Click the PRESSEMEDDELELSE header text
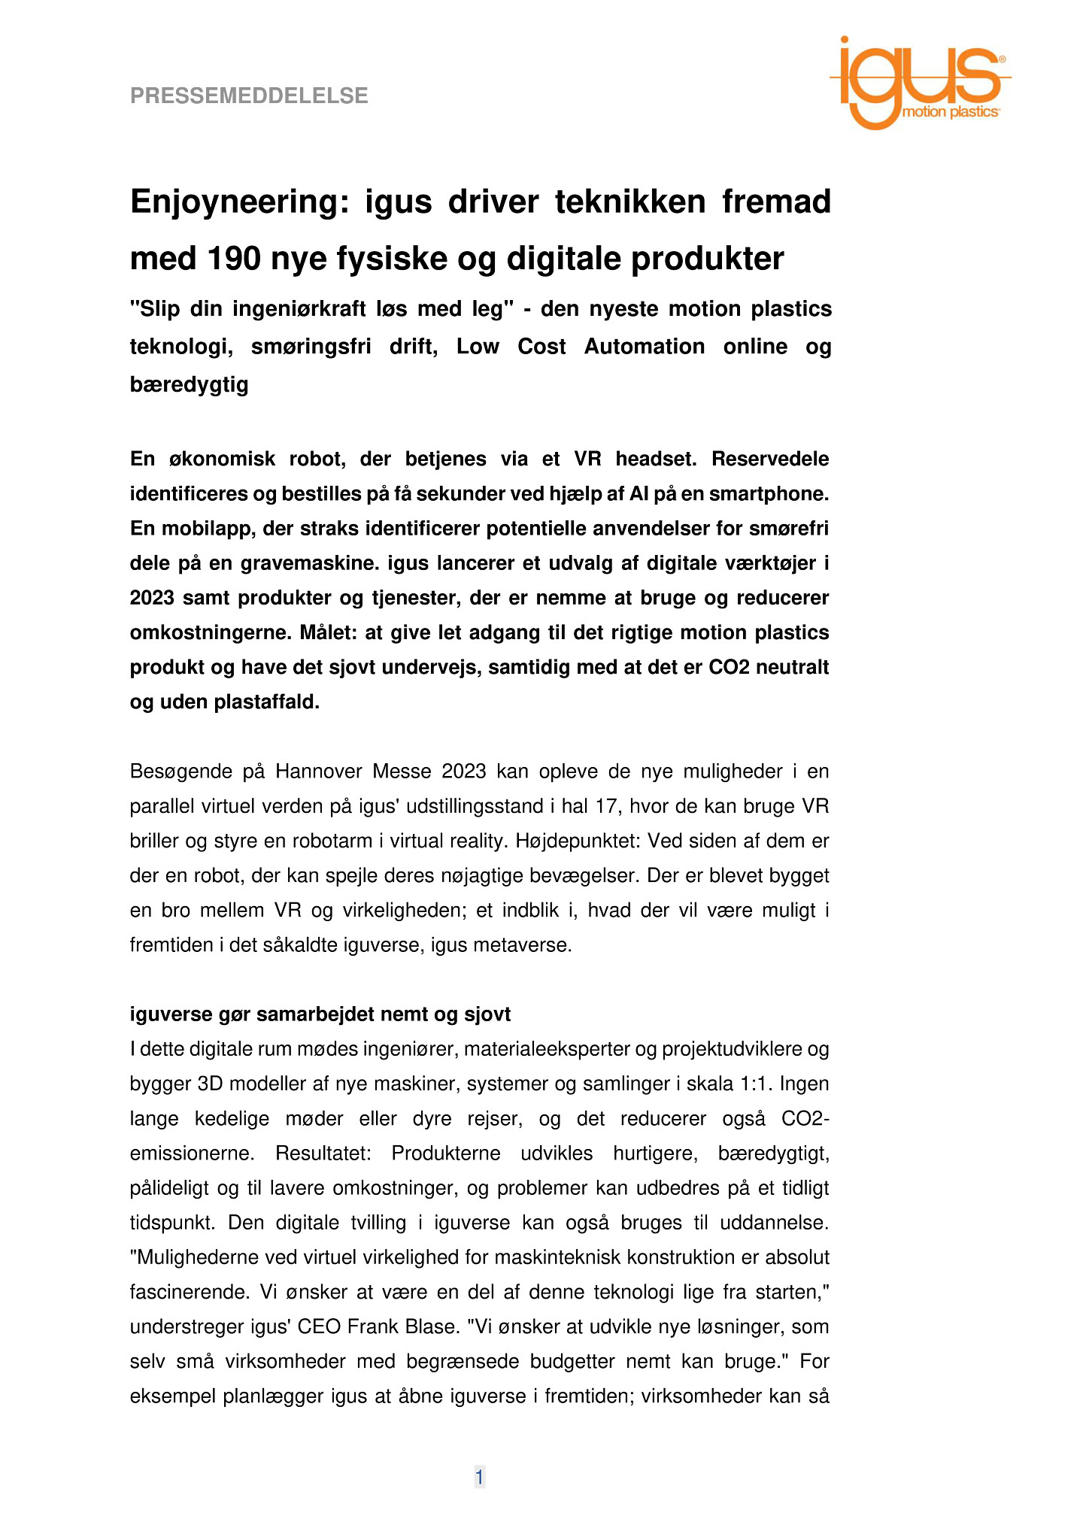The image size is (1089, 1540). [x=249, y=96]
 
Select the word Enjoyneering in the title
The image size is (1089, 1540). [x=240, y=202]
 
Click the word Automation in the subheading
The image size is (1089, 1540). [x=645, y=347]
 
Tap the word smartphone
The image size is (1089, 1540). [x=769, y=494]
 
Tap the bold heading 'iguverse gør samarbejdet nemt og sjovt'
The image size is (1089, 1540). [x=320, y=1014]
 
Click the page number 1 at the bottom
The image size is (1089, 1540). [x=479, y=1478]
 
